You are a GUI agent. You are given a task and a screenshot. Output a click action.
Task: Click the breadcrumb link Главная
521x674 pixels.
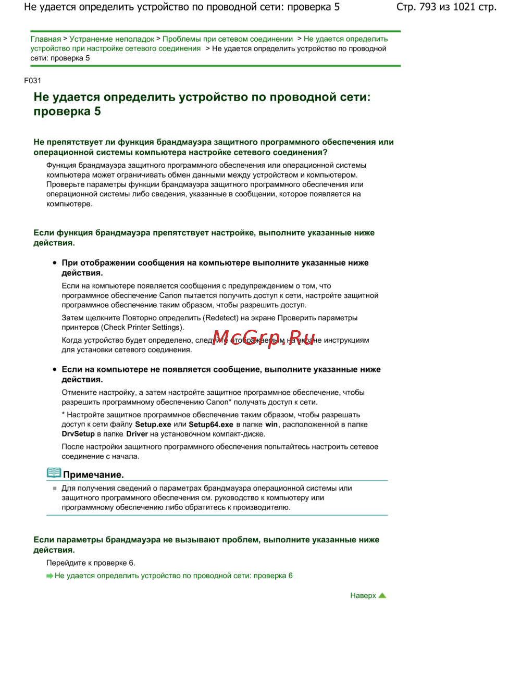coord(45,39)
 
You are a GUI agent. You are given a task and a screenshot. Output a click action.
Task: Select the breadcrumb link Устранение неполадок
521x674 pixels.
coord(111,39)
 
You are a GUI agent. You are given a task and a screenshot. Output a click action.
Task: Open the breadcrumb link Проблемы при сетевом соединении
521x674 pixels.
coord(228,39)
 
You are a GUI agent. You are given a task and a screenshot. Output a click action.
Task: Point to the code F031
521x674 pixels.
coord(32,81)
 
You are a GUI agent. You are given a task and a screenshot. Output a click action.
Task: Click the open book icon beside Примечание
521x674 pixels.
coord(54,473)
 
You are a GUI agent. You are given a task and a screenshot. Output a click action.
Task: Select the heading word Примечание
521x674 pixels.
coord(93,475)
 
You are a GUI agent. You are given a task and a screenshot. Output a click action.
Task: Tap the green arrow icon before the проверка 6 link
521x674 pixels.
coord(49,576)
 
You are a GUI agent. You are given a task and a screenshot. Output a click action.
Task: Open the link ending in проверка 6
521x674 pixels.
coord(173,576)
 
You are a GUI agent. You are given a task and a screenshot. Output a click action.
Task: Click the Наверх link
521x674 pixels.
coord(363,595)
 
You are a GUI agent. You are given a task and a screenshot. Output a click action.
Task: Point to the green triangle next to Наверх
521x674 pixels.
coord(382,595)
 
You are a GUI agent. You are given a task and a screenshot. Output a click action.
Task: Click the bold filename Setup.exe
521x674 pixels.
coord(153,425)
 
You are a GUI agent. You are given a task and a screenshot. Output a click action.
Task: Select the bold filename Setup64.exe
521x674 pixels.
coord(211,425)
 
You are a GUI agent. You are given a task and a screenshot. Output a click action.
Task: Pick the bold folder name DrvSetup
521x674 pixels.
coord(78,434)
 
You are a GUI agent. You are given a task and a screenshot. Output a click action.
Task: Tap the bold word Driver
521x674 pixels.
coord(137,434)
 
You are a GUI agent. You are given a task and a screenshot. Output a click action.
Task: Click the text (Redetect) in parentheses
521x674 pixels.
coord(222,318)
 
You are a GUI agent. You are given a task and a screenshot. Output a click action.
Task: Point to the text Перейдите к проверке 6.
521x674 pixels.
coord(91,563)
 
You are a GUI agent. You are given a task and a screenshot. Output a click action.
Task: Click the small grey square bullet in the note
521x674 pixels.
coord(54,489)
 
